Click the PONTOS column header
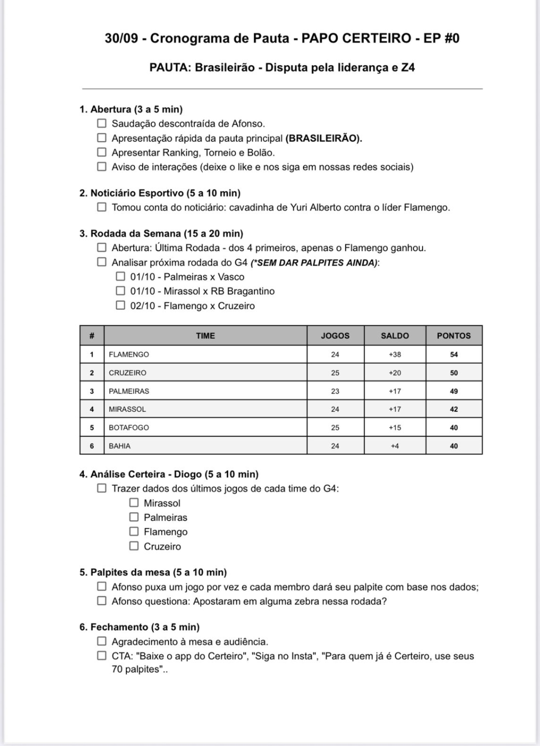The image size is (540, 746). (x=453, y=336)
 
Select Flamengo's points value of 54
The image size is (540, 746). (x=453, y=354)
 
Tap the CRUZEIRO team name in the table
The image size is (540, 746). (x=127, y=373)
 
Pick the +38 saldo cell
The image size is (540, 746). (x=394, y=354)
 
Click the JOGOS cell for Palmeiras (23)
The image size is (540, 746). (x=335, y=391)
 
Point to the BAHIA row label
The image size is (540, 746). (x=119, y=446)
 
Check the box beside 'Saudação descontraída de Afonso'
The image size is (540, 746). (x=102, y=123)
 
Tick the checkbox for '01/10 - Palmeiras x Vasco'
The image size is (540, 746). (x=120, y=276)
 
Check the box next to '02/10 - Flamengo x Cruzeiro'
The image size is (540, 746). (x=120, y=305)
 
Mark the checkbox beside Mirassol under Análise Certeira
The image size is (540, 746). (x=134, y=503)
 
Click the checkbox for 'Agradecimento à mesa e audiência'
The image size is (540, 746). (x=102, y=641)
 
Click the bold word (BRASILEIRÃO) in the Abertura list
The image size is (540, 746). (x=323, y=138)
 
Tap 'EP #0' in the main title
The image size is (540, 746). (x=441, y=38)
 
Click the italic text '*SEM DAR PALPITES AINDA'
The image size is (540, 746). (x=314, y=262)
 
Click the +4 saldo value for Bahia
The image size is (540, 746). (x=394, y=446)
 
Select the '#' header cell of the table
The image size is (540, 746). (x=92, y=336)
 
